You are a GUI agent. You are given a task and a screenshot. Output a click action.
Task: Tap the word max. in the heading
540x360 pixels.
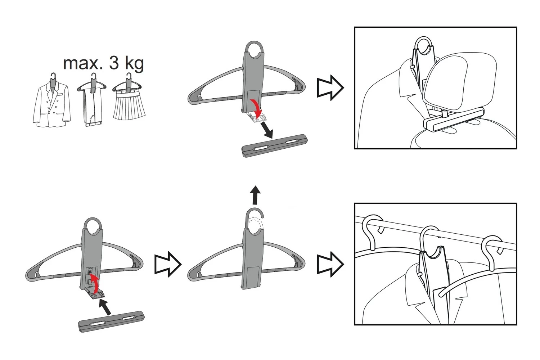coord(83,63)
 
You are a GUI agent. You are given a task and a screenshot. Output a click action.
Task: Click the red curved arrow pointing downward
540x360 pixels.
coord(256,108)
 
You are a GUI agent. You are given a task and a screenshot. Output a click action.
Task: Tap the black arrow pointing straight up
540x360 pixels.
coord(255,195)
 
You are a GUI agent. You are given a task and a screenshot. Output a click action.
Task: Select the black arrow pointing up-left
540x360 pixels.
coord(105,307)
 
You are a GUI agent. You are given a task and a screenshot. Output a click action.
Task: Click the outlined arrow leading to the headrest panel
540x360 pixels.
coord(330,88)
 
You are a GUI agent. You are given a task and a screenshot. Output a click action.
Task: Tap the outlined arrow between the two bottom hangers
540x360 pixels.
coord(168,264)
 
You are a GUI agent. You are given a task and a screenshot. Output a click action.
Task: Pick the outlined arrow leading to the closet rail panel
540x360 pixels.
coord(330,264)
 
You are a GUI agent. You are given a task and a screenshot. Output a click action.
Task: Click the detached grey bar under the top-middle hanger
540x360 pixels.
coord(275,146)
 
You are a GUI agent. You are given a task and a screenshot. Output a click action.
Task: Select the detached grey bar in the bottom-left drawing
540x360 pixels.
coord(111,322)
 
